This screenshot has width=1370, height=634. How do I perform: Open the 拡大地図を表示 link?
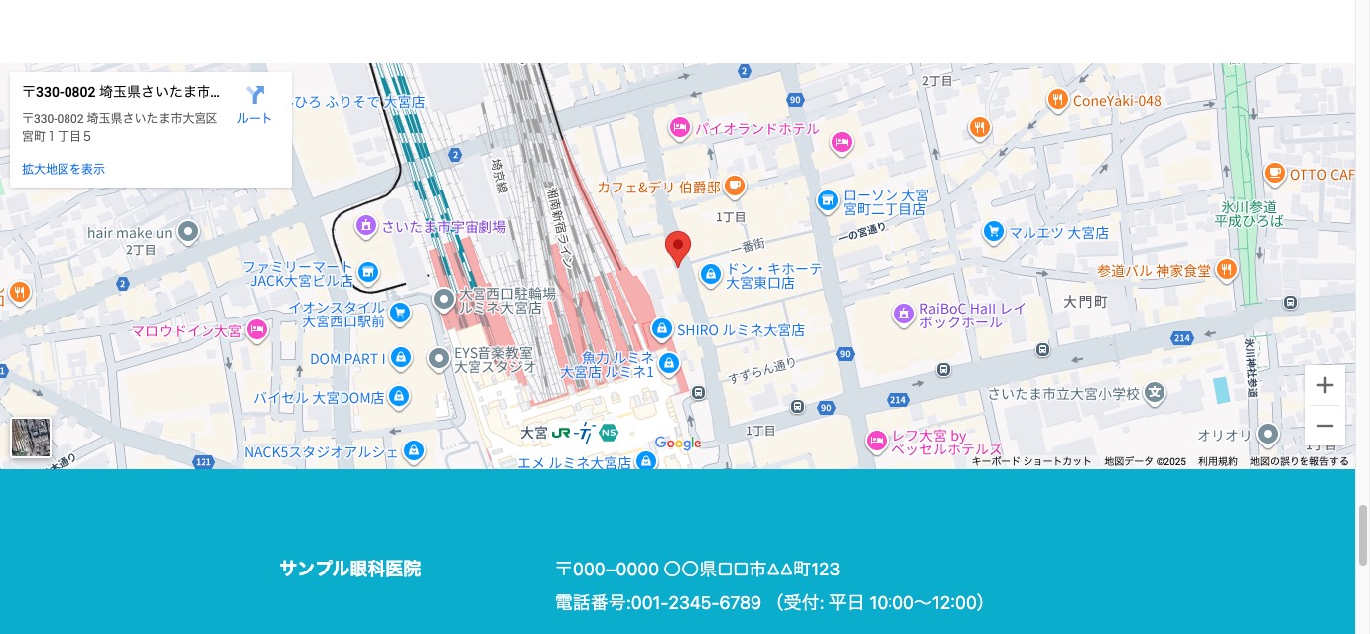point(64,169)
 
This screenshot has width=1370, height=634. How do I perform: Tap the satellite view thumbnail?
point(31,438)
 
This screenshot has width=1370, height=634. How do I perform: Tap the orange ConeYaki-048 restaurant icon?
point(1057,100)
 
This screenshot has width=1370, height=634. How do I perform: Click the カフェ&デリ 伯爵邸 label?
point(659,187)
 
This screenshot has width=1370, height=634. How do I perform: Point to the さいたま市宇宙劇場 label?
point(444,227)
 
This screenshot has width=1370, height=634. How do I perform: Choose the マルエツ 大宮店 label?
point(1058,233)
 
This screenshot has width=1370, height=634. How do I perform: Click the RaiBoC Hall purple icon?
point(903,315)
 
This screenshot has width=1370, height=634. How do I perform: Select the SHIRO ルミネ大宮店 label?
point(741,330)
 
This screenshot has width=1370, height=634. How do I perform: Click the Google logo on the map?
point(678,444)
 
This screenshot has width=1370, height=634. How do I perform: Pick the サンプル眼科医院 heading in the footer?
point(349,570)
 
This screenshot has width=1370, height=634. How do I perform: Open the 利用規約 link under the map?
point(1217,461)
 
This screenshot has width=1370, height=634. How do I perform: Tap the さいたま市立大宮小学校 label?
point(1063,394)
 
